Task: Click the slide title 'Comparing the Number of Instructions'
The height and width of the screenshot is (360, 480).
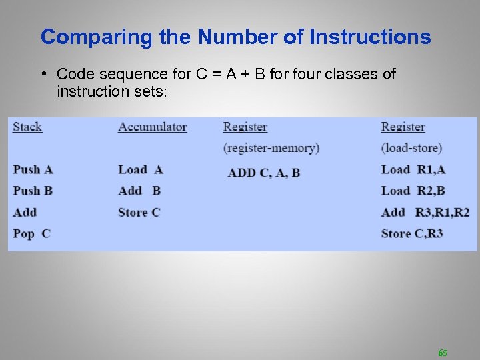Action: click(235, 37)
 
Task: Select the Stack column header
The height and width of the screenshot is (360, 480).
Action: click(27, 127)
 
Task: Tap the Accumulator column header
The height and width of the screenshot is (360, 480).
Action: click(152, 127)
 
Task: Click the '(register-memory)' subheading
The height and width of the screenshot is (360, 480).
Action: click(271, 148)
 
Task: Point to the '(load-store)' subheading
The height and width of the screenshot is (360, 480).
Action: click(411, 148)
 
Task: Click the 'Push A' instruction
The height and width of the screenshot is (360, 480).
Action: click(33, 169)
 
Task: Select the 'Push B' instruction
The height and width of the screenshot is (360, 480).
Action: click(33, 191)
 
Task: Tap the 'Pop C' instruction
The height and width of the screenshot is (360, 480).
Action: click(31, 233)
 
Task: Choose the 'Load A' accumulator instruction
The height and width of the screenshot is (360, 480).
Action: click(140, 169)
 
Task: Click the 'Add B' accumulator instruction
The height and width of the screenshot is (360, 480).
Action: click(139, 191)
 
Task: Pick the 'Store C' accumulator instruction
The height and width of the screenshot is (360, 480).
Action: click(139, 212)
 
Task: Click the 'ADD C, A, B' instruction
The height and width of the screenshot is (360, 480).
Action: click(264, 173)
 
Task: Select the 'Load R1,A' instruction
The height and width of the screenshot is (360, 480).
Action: click(413, 169)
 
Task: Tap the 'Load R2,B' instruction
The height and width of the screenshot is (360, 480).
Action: click(413, 191)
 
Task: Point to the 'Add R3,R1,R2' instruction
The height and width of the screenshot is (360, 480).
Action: click(425, 212)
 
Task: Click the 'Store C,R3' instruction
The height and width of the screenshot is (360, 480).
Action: click(411, 233)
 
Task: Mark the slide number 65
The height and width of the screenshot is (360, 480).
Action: click(443, 352)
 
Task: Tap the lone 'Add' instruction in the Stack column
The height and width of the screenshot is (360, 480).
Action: click(25, 212)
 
